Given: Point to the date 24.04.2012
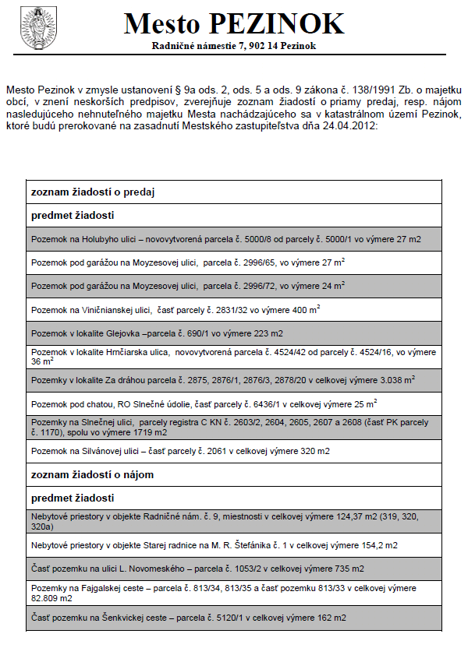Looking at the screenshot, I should (x=353, y=125).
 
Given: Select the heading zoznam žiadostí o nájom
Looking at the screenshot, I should (x=92, y=474).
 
